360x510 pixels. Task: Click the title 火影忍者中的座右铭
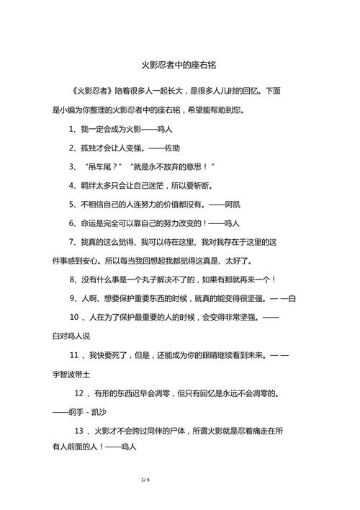pyautogui.click(x=179, y=63)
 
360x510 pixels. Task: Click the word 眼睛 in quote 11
pyautogui.click(x=216, y=356)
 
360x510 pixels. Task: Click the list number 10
pyautogui.click(x=74, y=318)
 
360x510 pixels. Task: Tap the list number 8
pyautogui.click(x=73, y=279)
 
